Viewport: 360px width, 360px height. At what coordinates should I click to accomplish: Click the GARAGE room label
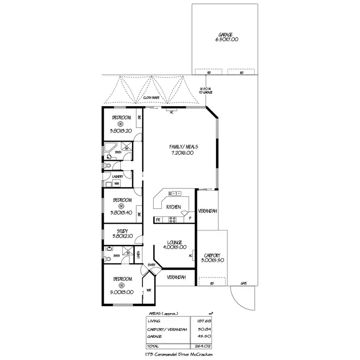[x=225, y=35]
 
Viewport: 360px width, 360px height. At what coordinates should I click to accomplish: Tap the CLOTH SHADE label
[x=152, y=98]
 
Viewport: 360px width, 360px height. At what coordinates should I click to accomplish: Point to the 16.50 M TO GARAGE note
[x=205, y=90]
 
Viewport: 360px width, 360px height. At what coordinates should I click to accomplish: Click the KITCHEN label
[x=173, y=207]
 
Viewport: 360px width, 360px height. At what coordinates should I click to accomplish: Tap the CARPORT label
[x=212, y=255]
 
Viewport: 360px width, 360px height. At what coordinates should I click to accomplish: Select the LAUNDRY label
[x=118, y=176]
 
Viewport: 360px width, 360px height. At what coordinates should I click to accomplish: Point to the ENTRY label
[x=151, y=265]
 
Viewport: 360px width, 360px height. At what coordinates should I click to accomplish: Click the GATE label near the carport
[x=244, y=284]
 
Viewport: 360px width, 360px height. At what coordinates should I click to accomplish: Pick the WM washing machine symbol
[x=116, y=183]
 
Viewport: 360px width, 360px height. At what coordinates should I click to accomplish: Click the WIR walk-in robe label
[x=149, y=290]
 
